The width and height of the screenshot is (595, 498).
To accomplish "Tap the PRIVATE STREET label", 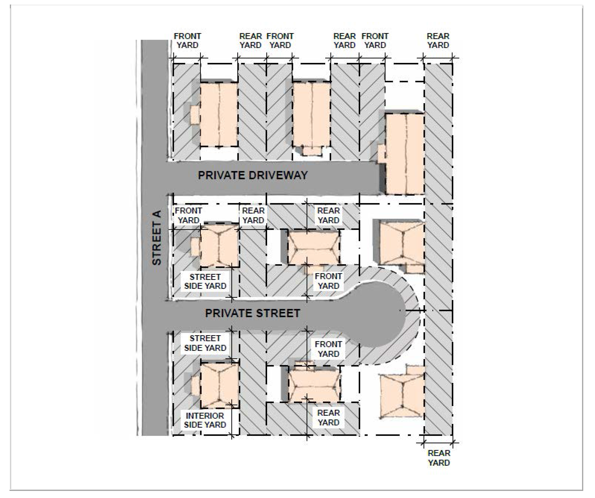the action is coord(252,313).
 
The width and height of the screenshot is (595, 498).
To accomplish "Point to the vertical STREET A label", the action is coord(157,238).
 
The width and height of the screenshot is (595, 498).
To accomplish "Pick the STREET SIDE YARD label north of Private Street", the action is coord(205,281).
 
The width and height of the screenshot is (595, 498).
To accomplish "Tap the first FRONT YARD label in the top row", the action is coord(187,40).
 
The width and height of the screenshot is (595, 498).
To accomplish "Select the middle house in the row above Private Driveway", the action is coord(311,114).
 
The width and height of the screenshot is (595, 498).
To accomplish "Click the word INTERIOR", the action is coord(205,416).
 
